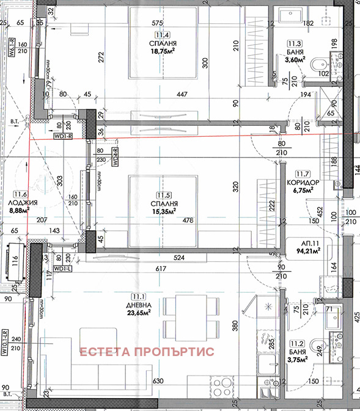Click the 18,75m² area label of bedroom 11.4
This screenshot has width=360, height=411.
pos(163,53)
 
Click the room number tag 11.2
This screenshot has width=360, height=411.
pos(298,344)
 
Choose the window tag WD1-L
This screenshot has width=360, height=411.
pos(62,267)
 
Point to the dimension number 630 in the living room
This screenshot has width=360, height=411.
pos(159,382)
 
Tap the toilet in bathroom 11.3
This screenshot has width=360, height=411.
pos(318,66)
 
